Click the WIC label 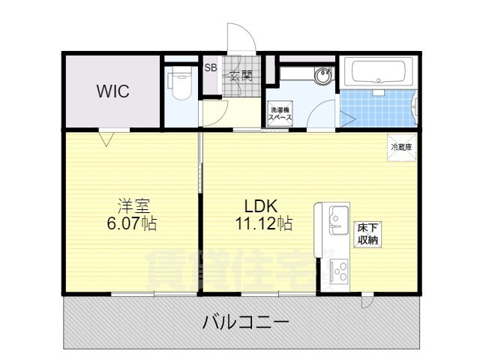(112, 91)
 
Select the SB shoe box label (211, 67)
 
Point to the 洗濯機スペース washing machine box (280, 115)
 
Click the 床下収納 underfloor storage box (367, 233)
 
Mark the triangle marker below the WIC (106, 138)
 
